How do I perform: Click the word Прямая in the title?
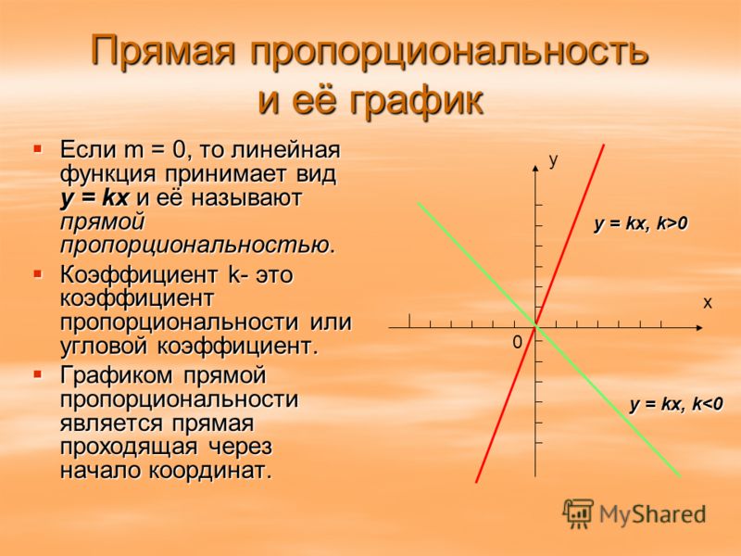163,50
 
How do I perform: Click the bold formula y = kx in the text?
94,197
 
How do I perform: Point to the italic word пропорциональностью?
197,246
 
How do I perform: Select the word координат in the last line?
211,471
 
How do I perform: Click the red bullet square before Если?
38,149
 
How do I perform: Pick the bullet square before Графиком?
38,375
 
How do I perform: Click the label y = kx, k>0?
641,222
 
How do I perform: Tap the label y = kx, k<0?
676,404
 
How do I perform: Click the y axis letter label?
553,160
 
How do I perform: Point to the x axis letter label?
707,303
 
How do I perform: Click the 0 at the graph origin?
518,342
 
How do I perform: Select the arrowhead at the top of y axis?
535,168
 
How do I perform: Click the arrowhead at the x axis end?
699,327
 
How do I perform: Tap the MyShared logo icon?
578,514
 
